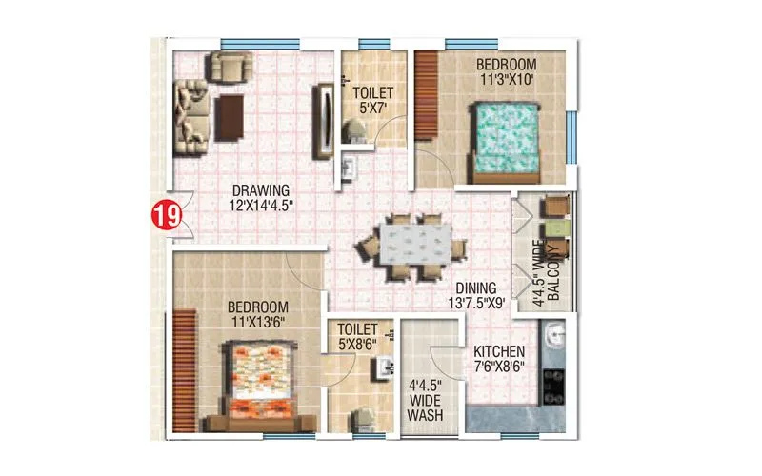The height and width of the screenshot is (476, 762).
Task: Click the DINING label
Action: (474, 288)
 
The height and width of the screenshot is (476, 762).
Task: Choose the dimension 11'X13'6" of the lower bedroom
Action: (258, 322)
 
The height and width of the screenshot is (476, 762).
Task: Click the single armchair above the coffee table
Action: (228, 66)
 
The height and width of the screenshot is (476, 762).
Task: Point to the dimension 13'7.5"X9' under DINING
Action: (475, 304)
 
